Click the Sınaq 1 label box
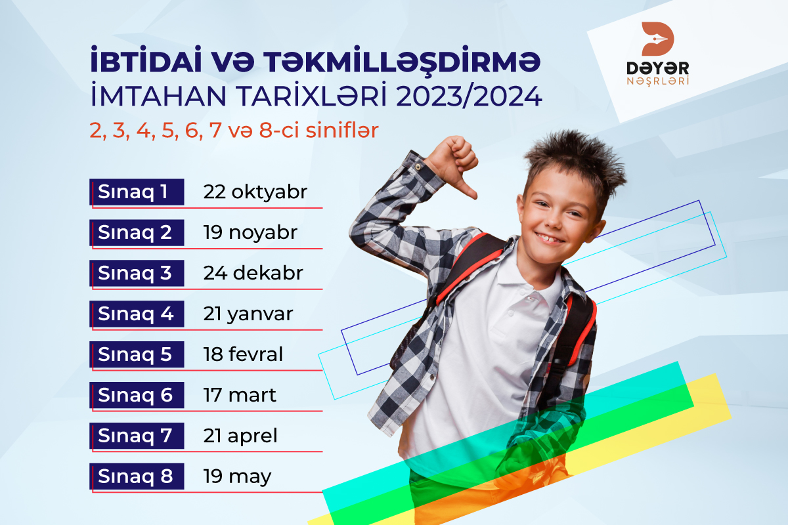137,192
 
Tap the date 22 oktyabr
255,192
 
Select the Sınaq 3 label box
137,273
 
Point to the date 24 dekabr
253,273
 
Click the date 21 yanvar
248,314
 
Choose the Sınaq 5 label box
137,354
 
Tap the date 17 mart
240,395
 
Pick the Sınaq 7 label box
137,436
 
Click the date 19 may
238,477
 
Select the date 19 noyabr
250,233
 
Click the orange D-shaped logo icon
657,39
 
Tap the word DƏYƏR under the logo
658,68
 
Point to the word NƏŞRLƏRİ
658,81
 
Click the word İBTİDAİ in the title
146,60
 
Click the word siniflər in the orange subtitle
342,130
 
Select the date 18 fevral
243,354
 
